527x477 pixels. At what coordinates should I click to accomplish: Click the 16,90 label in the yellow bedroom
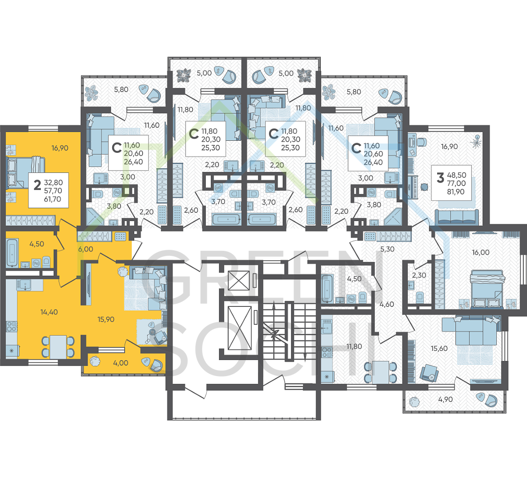click(60, 148)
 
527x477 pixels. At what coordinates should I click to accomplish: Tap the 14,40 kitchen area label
click(49, 312)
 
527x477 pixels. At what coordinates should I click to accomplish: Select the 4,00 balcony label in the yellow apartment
click(121, 363)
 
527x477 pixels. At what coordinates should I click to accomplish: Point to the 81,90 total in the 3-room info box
click(456, 192)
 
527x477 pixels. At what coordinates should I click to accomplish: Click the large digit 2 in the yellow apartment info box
click(37, 185)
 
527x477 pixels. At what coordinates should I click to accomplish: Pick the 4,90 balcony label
click(445, 399)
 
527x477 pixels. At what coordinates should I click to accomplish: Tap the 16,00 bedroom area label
click(481, 252)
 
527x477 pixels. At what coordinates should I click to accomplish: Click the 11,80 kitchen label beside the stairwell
click(354, 346)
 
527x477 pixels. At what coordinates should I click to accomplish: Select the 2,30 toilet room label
click(419, 275)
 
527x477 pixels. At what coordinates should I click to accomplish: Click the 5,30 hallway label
click(387, 249)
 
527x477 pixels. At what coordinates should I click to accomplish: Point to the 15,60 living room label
click(439, 349)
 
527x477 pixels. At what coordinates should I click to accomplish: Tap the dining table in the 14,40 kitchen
click(58, 347)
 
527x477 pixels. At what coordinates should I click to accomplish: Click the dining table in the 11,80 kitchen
click(380, 372)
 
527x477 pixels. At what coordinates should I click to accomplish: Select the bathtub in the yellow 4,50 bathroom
click(12, 253)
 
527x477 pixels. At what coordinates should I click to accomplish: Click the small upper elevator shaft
click(239, 281)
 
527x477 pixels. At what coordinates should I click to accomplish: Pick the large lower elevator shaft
click(240, 328)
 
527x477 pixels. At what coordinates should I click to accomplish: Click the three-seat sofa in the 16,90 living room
click(457, 216)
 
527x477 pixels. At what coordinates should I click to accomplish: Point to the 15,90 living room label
click(106, 320)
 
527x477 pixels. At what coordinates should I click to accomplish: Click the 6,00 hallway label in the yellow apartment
click(86, 249)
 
